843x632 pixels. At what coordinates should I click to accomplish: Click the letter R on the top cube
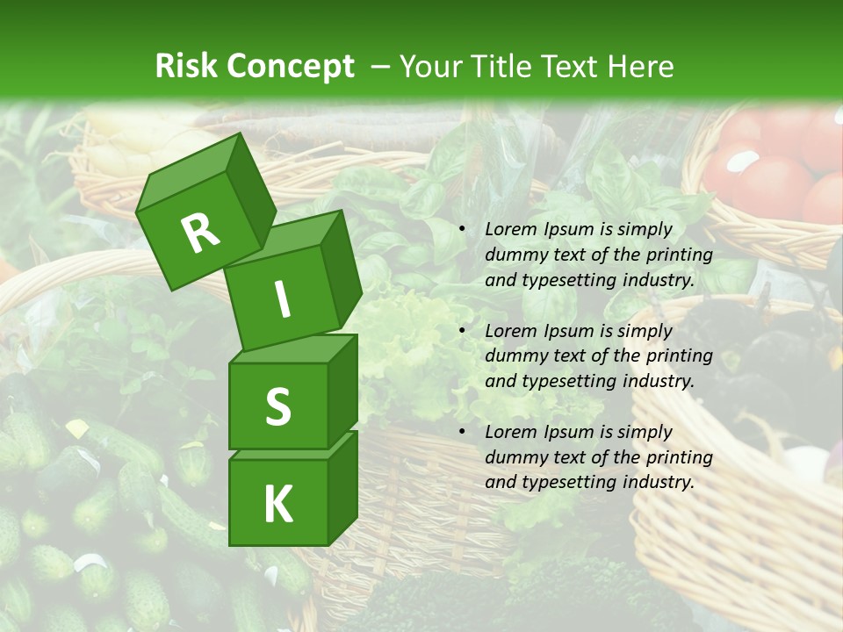click(200, 233)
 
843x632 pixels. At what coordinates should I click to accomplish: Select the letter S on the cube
click(277, 406)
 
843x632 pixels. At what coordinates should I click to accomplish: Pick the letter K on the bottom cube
click(277, 504)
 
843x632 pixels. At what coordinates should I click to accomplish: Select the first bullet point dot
click(462, 230)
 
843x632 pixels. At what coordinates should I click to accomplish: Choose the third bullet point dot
click(462, 433)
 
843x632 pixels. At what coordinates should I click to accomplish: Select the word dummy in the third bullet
click(514, 457)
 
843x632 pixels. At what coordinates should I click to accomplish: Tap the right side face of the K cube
click(342, 487)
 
